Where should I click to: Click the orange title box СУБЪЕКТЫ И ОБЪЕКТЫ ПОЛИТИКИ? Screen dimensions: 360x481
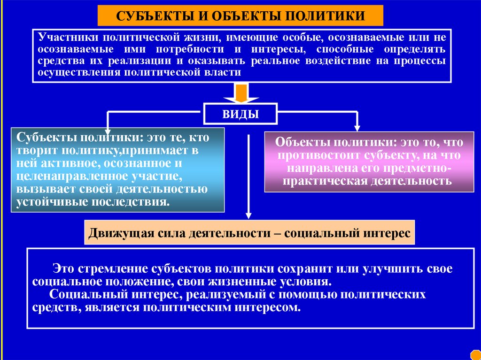240,15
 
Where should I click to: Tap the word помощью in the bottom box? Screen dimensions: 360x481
303,295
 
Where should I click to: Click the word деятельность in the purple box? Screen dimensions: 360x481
402,181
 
